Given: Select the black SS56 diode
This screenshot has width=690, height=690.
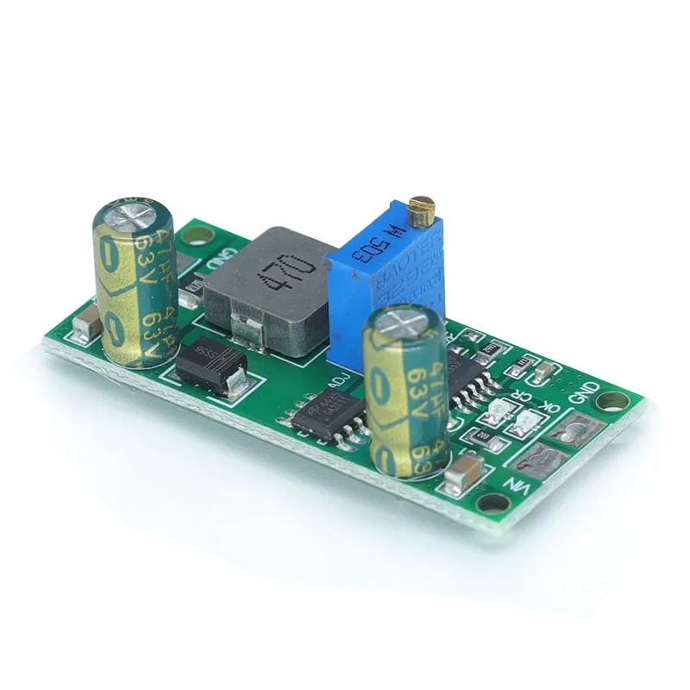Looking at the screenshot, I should pyautogui.click(x=210, y=370).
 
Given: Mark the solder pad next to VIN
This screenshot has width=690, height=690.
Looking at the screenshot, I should pyautogui.click(x=543, y=467).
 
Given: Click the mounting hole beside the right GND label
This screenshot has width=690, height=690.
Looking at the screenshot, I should pyautogui.click(x=614, y=402).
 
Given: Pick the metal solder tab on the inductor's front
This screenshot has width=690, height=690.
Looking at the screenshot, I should pyautogui.click(x=248, y=325).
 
